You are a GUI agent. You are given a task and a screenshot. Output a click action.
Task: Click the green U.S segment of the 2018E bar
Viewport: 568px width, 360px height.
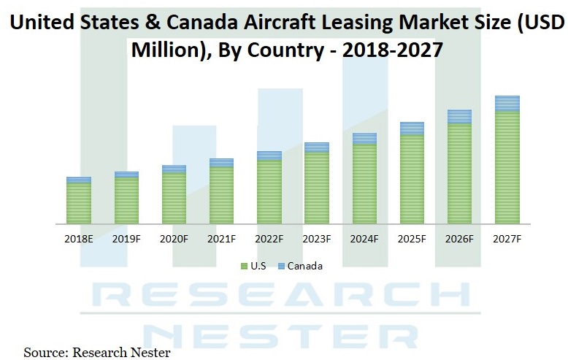pos(79,203)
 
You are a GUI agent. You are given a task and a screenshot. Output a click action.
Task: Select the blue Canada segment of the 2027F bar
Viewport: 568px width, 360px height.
pos(507,103)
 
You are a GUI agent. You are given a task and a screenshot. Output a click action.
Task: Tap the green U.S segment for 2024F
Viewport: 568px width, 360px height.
pos(364,184)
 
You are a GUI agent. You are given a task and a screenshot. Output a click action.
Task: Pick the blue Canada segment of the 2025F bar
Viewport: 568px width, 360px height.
pos(412,129)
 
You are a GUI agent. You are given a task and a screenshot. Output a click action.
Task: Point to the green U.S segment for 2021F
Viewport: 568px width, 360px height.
pos(221,195)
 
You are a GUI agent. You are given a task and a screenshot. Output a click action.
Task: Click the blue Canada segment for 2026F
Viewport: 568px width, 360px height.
pos(459,117)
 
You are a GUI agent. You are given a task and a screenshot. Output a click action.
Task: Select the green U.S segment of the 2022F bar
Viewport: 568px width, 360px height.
pos(269,191)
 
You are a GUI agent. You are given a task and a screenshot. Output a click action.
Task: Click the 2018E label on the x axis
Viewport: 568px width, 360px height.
pos(79,239)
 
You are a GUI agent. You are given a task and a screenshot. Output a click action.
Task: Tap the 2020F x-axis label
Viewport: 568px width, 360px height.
pos(174,239)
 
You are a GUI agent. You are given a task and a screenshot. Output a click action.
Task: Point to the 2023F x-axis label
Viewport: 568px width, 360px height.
pos(316,239)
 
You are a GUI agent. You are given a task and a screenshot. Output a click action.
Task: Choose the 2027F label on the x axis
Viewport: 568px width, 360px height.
pos(507,239)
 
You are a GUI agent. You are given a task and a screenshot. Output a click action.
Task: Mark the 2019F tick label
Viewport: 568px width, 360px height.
pos(126,239)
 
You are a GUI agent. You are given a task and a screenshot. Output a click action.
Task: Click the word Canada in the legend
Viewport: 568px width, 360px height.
pos(304,267)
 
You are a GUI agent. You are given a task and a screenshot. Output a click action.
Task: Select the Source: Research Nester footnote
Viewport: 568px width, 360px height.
pos(96,353)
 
